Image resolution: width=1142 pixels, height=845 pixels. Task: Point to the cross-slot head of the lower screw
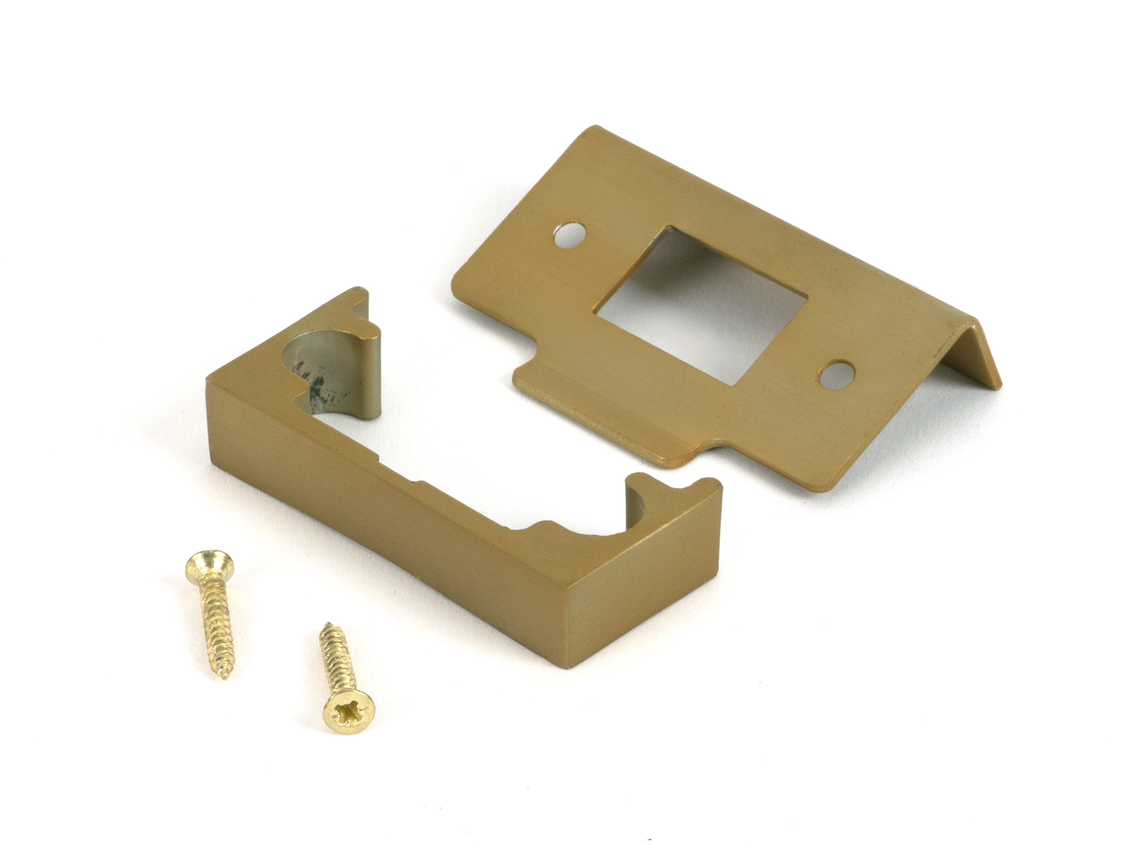point(349,711)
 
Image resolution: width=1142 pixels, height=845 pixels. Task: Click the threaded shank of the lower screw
point(337,662)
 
